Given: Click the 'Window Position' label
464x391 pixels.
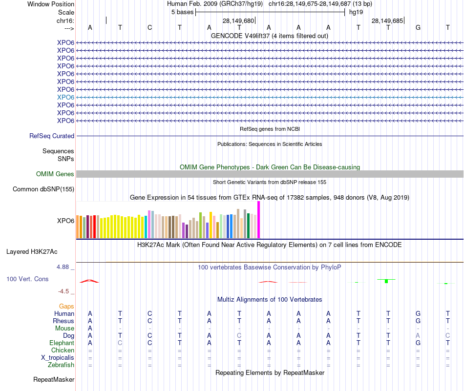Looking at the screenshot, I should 51,4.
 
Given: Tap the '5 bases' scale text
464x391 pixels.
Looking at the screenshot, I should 182,12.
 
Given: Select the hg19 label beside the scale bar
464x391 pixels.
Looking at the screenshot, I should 356,12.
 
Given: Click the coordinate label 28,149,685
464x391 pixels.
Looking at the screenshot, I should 387,21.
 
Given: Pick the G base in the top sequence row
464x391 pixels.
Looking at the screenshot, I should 418,28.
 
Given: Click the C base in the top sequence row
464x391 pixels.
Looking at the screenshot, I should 150,28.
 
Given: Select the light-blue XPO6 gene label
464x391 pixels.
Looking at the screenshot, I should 65,97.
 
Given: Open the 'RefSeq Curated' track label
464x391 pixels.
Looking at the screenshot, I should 52,136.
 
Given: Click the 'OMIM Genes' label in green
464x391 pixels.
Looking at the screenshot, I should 55,174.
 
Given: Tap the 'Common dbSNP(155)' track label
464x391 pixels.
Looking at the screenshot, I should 43,189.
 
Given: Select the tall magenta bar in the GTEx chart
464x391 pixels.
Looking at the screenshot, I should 259,220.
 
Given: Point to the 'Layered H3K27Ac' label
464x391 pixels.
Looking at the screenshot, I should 32,252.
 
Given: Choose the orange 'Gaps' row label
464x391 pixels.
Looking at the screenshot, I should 66,306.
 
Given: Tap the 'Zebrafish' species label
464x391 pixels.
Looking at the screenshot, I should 61,365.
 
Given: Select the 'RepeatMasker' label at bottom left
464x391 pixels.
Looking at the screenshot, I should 54,379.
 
